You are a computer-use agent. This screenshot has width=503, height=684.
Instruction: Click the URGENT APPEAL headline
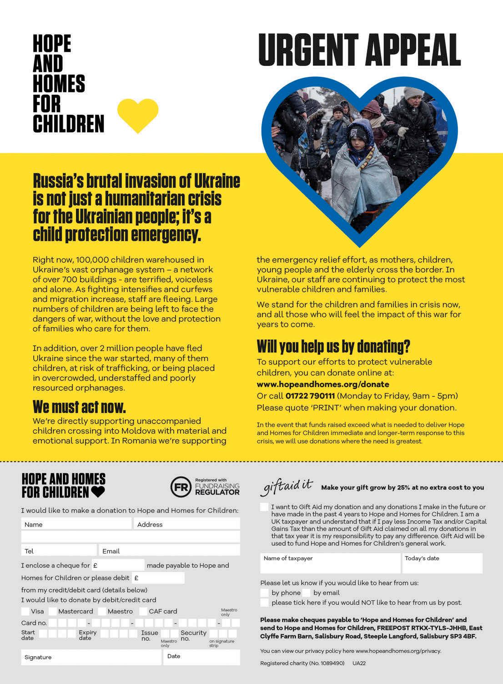tap(359, 50)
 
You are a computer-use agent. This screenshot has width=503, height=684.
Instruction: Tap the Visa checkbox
tap(25, 611)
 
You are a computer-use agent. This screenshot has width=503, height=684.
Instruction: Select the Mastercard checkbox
tap(53, 611)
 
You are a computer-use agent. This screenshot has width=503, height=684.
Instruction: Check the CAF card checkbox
tap(143, 611)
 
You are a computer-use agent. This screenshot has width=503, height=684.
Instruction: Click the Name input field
tap(76, 524)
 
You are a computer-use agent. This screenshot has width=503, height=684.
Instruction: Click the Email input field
tap(169, 551)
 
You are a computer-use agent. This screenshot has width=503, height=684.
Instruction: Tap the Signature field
tap(91, 657)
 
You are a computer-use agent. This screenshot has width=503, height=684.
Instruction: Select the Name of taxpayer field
tap(330, 563)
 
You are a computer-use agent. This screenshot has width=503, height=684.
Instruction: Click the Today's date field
tap(442, 563)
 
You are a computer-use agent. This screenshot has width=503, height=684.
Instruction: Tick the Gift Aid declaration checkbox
tap(264, 507)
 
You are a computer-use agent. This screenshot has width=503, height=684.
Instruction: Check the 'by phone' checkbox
tap(264, 593)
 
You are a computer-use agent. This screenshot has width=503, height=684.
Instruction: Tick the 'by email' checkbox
tap(306, 593)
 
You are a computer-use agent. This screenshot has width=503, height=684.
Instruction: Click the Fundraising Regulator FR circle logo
tap(181, 486)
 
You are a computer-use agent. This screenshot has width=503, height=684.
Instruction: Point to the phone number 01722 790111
tap(310, 396)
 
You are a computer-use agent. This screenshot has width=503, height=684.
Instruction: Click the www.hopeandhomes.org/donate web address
tap(323, 384)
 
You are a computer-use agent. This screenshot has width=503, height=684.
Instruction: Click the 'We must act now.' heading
tap(79, 406)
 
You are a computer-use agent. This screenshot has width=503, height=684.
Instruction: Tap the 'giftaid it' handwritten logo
tap(287, 486)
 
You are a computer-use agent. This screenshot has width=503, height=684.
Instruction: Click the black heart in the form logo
tap(98, 491)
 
